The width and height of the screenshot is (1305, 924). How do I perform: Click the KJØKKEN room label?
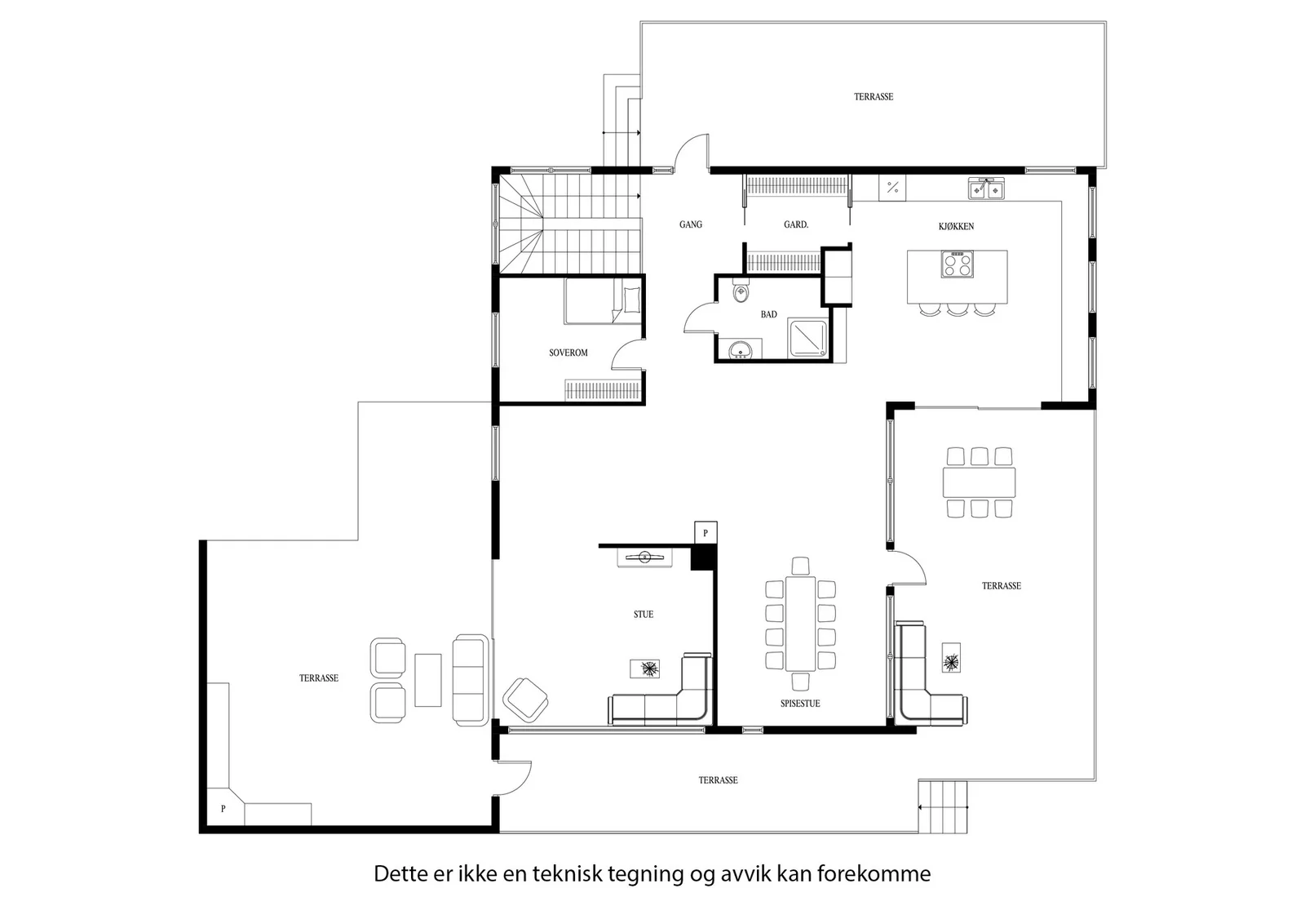tap(956, 226)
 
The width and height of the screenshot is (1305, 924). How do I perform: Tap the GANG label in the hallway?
tap(690, 224)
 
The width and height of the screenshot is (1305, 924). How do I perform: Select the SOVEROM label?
tap(568, 353)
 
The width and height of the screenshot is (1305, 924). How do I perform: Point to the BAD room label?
tap(768, 314)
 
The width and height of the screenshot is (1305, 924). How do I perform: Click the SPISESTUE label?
tap(800, 704)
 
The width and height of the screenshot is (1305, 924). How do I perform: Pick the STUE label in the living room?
tap(644, 614)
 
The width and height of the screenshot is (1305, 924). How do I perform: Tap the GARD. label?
tap(796, 224)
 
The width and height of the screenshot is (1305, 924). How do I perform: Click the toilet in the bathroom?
tap(741, 291)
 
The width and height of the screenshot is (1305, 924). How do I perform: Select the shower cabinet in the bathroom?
tap(807, 338)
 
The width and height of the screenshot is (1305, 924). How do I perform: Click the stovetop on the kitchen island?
tap(957, 264)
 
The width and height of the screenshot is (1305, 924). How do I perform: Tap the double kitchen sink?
tap(986, 189)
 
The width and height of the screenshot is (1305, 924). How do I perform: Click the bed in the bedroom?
tap(603, 301)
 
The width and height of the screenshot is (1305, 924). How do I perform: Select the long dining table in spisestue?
tap(800, 624)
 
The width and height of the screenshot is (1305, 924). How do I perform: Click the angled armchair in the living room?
tap(525, 700)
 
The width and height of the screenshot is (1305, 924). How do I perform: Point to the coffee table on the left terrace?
tap(427, 680)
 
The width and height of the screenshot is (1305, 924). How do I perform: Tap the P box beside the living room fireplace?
tap(706, 533)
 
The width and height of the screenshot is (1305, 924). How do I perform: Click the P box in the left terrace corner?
tap(223, 808)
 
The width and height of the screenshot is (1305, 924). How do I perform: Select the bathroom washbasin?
tap(740, 350)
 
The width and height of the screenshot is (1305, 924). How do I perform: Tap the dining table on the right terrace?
tap(979, 482)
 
